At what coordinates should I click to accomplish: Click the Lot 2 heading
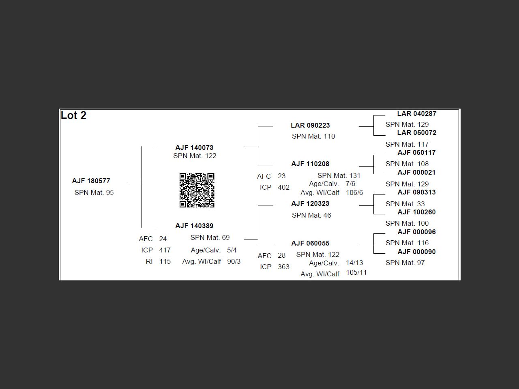(73, 115)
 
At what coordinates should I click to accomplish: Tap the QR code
(197, 190)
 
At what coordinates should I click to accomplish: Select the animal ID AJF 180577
(91, 181)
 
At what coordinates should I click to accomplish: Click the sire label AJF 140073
(194, 147)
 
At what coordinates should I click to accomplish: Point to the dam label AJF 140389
(194, 226)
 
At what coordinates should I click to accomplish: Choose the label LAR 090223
(310, 125)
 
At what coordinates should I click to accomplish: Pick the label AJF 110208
(310, 164)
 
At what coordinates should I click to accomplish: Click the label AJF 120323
(310, 203)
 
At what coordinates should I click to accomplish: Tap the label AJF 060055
(310, 243)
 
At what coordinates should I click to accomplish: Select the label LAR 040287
(416, 113)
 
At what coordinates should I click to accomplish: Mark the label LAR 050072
(416, 133)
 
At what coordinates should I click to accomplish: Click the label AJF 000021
(416, 172)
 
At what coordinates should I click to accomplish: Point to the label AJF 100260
(416, 212)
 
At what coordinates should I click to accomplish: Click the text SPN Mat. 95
(94, 192)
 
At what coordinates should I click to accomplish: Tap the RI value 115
(165, 261)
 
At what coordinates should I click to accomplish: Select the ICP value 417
(165, 250)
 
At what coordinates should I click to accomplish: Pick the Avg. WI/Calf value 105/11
(356, 272)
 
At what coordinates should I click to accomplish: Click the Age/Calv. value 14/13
(354, 263)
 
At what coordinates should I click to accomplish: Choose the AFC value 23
(281, 176)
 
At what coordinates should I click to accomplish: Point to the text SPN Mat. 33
(405, 204)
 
